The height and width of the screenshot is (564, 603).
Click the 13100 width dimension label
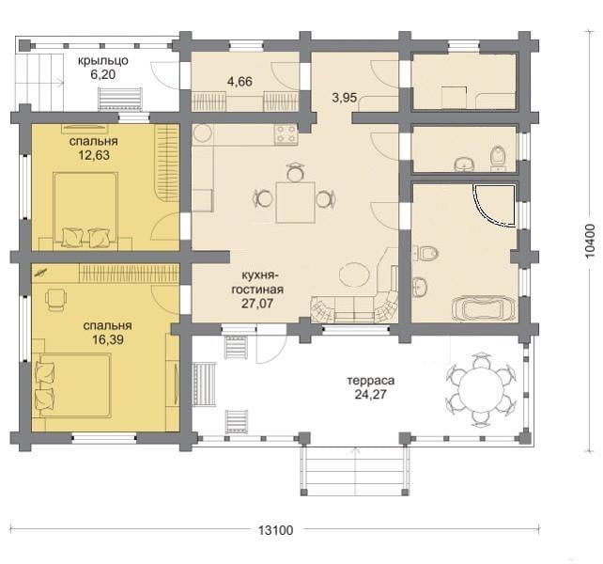pyautogui.click(x=275, y=530)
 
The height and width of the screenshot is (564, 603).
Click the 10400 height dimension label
pyautogui.click(x=589, y=241)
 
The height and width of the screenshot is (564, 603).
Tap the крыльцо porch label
pyautogui.click(x=103, y=61)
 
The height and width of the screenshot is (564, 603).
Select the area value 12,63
pyautogui.click(x=94, y=155)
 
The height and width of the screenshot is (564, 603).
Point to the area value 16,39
pyautogui.click(x=108, y=339)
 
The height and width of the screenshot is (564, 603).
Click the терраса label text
pyautogui.click(x=371, y=381)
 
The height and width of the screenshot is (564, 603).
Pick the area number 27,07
pyautogui.click(x=257, y=304)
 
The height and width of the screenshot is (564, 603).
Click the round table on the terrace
pyautogui.click(x=481, y=389)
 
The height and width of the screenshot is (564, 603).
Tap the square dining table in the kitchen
pyautogui.click(x=295, y=202)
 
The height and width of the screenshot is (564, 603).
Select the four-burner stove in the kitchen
pyautogui.click(x=286, y=134)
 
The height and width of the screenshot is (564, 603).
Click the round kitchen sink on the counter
pyautogui.click(x=202, y=133)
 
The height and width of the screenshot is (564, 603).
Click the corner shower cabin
pyautogui.click(x=495, y=205)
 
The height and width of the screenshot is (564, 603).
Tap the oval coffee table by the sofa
pyautogui.click(x=355, y=274)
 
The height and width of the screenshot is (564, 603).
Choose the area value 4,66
pyautogui.click(x=240, y=82)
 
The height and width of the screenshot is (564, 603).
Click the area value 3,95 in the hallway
pyautogui.click(x=345, y=98)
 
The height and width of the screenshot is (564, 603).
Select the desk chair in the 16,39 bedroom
pyautogui.click(x=55, y=299)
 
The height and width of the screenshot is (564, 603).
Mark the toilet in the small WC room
pyautogui.click(x=499, y=157)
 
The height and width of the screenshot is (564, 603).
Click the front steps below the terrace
pyautogui.click(x=354, y=471)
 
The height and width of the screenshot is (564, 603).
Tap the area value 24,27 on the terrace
pyautogui.click(x=371, y=395)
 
